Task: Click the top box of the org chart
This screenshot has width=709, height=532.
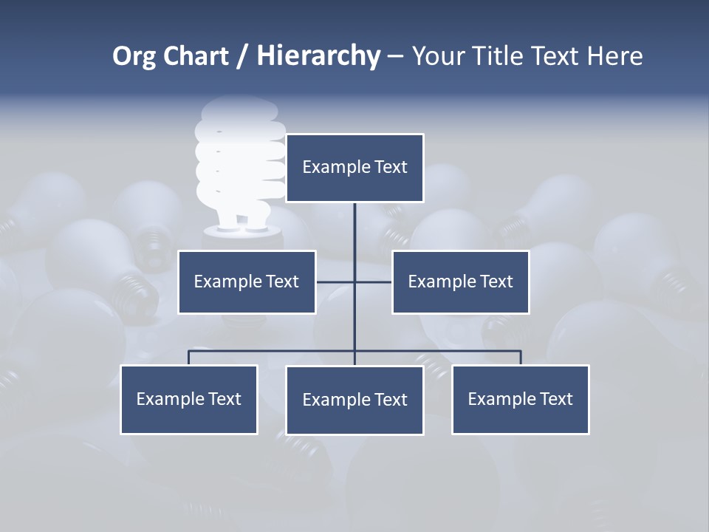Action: tap(354, 168)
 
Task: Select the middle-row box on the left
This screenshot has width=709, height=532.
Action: tap(247, 282)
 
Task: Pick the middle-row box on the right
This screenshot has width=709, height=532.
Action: tap(460, 282)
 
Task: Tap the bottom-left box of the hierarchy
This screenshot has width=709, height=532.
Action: tap(189, 400)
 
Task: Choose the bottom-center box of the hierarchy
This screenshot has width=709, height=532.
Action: tap(354, 400)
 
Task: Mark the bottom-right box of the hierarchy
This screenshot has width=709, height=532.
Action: tap(520, 400)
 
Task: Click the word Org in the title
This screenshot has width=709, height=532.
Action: tap(134, 56)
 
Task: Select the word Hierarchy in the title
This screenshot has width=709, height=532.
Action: tap(318, 56)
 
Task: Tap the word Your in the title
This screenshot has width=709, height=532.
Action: tap(439, 56)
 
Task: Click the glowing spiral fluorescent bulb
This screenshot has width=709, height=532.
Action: tap(241, 170)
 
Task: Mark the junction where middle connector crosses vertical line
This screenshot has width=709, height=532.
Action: tap(354, 282)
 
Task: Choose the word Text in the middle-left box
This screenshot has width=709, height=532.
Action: tap(282, 282)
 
